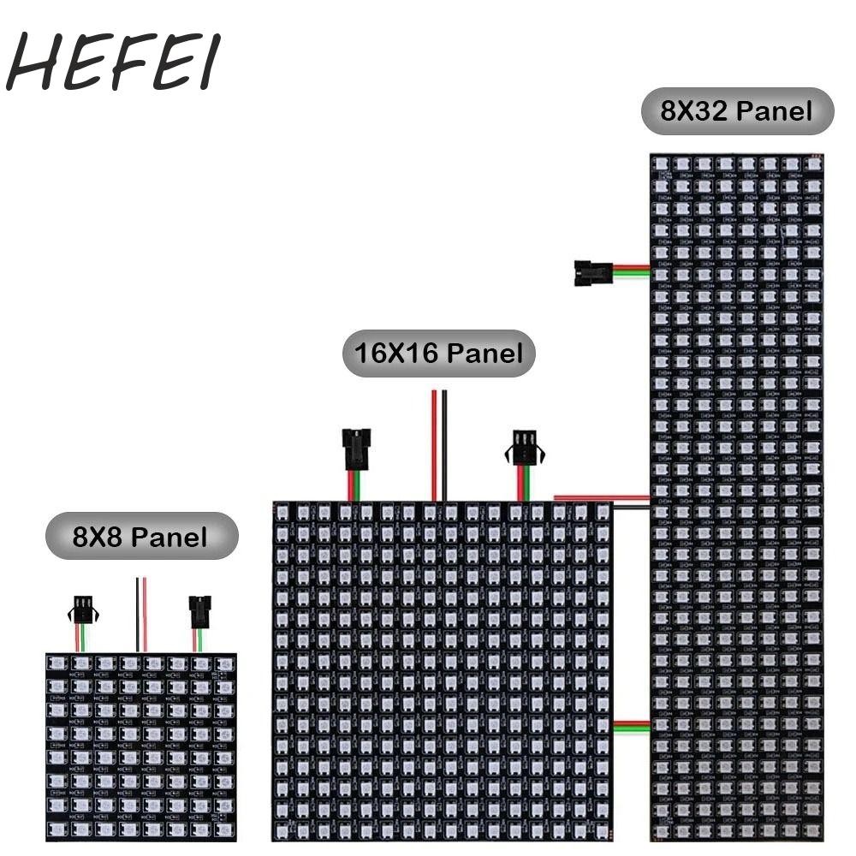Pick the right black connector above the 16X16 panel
tap(524, 448)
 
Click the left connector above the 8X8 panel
tap(81, 610)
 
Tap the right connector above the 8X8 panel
tap(199, 611)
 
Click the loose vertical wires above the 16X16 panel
tap(439, 445)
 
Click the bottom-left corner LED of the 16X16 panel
tap(283, 829)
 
